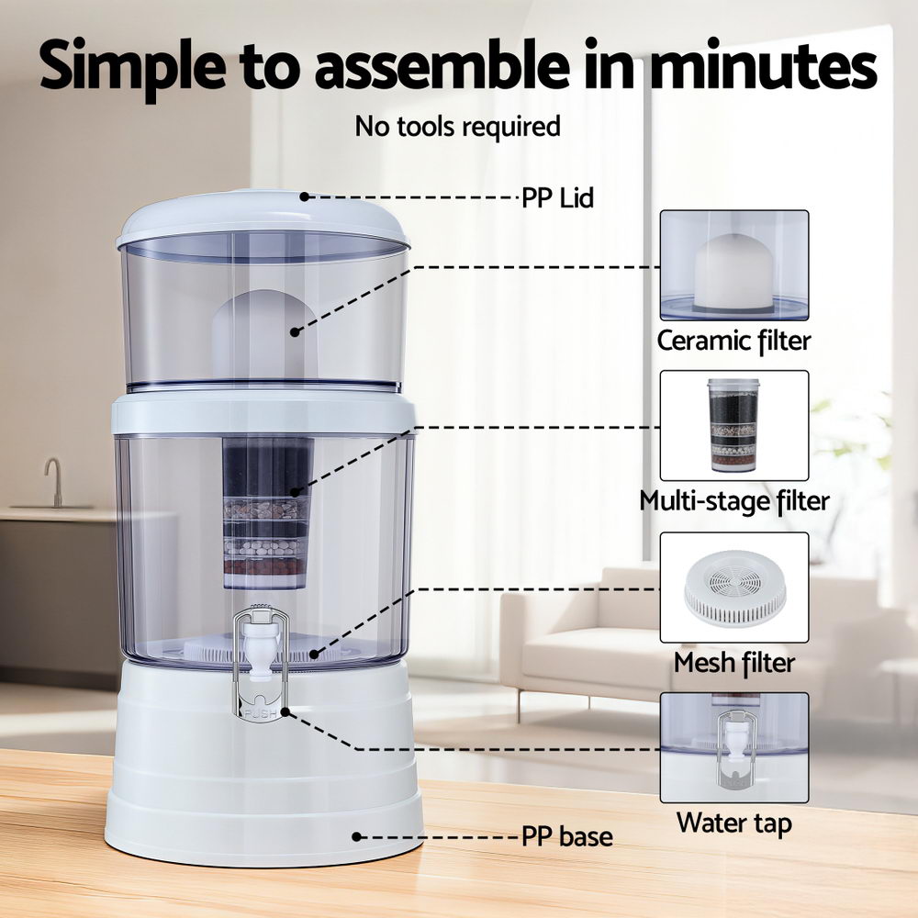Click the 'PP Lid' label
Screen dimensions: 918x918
(x=557, y=197)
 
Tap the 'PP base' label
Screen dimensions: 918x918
(x=566, y=837)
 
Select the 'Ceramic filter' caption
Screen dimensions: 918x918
(x=733, y=341)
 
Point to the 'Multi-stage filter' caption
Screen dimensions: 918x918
(x=733, y=501)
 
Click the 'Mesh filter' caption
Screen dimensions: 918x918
(x=733, y=662)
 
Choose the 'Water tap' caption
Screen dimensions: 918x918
(x=733, y=823)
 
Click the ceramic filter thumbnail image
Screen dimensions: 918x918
(x=733, y=265)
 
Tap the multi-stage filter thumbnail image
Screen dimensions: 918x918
(x=733, y=425)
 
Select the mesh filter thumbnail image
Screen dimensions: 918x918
(x=733, y=588)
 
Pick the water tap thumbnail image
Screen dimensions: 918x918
(x=733, y=747)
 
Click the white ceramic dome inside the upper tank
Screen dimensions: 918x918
(x=264, y=330)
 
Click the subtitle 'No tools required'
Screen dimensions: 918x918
(x=457, y=126)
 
